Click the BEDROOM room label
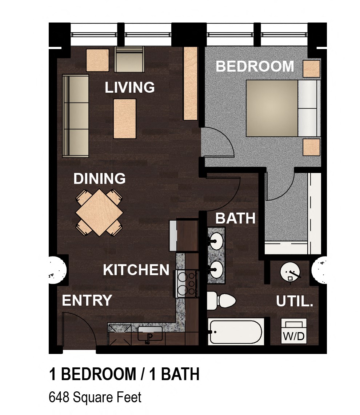(255, 67)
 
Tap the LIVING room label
(129, 88)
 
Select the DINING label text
(99, 179)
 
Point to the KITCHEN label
(136, 270)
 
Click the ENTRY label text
(87, 301)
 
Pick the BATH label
(235, 218)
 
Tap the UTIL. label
(295, 301)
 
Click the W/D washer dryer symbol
(294, 331)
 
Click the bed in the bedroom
(280, 108)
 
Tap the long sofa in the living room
(76, 116)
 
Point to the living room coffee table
(125, 119)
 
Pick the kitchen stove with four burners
(187, 283)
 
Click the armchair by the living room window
(129, 60)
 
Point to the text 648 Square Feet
(95, 398)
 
